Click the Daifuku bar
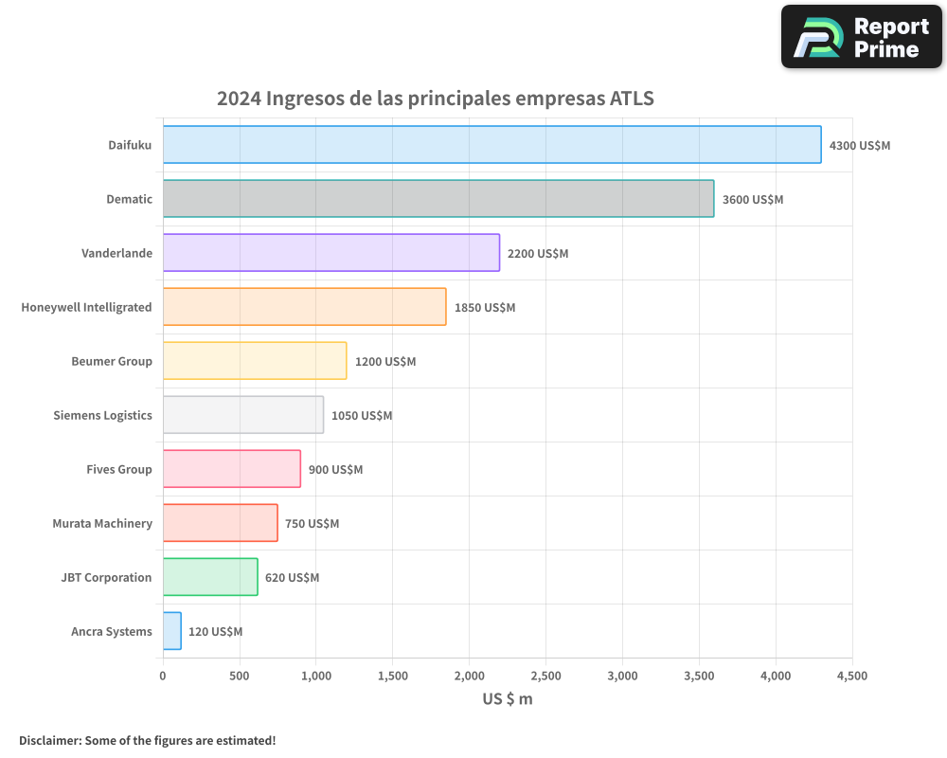pos(491,145)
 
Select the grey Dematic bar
pos(438,199)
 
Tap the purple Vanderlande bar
pos(331,253)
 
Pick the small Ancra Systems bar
pos(171,631)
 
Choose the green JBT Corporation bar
pos(210,577)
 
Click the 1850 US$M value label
pos(485,308)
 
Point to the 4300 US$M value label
pos(859,146)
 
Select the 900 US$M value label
pos(335,470)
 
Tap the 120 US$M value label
pos(215,632)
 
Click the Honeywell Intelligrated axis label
pos(86,307)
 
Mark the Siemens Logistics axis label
pos(102,415)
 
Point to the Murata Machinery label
pos(102,523)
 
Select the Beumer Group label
pos(112,361)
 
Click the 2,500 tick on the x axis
pos(545,676)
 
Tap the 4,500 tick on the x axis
pos(851,676)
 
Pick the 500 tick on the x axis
pos(240,676)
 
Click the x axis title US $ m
pos(508,699)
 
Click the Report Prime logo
pos(861,37)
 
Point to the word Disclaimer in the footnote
pos(49,740)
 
